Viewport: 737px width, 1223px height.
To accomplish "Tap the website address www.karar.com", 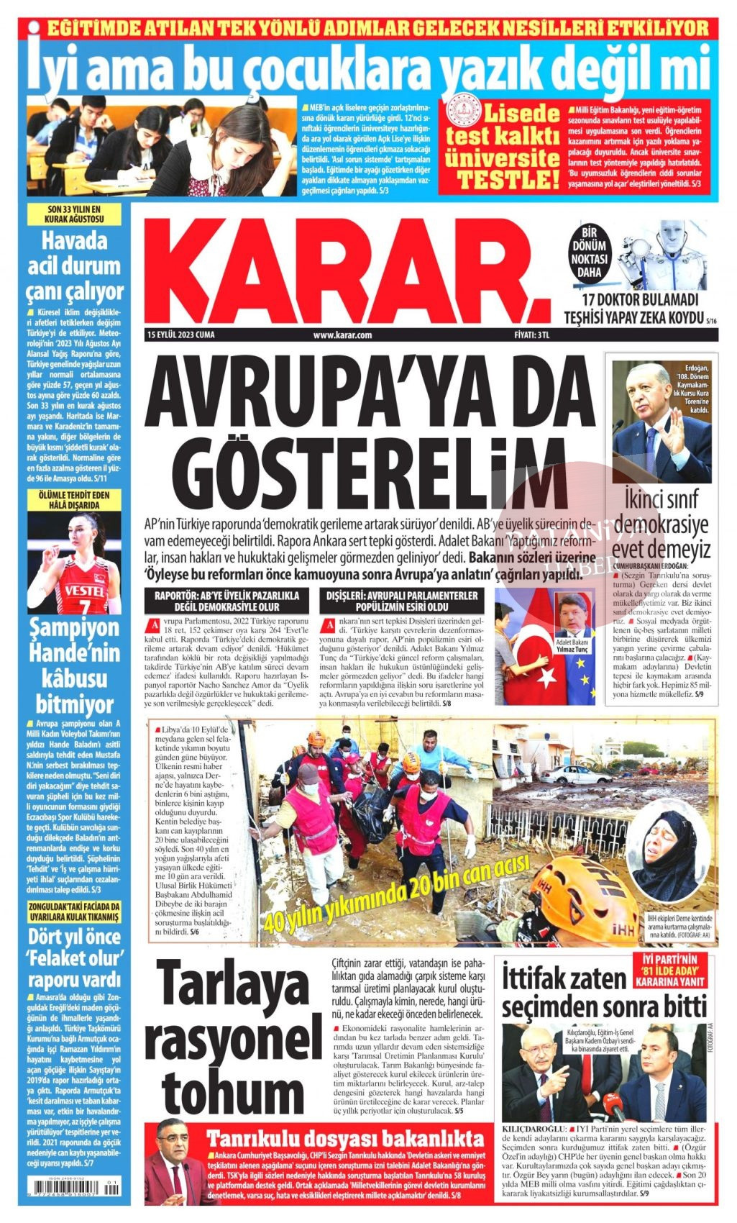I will pos(342,335).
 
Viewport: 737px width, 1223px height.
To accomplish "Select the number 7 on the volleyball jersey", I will pos(84,606).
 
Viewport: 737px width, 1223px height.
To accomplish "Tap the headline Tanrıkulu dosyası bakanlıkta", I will pos(345,1139).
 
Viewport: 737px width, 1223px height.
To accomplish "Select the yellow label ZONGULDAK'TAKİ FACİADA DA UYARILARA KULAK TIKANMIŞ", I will pos(74,912).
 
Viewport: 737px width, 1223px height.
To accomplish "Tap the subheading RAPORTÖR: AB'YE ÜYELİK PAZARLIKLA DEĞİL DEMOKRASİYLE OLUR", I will pos(228,601).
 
